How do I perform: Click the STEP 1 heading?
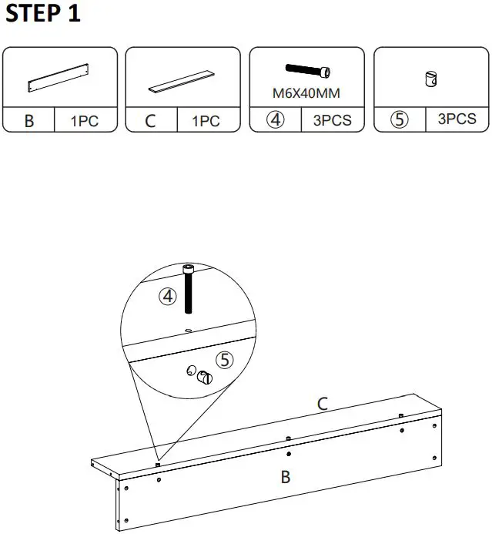tap(43, 14)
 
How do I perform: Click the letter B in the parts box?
tap(29, 120)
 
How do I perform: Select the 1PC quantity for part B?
tap(85, 121)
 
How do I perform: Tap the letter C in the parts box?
tap(151, 120)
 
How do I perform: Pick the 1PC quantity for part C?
tap(206, 121)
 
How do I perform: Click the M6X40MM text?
tap(306, 93)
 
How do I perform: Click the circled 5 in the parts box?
tap(399, 120)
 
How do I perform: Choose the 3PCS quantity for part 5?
tap(457, 119)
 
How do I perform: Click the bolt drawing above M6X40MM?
tap(308, 71)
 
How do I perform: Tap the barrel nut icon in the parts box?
tap(430, 78)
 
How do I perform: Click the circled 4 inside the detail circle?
tap(168, 296)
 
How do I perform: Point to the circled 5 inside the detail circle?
tap(224, 359)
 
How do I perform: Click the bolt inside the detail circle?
tap(188, 290)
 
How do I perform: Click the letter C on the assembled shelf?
tap(323, 403)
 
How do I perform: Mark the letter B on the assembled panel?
tap(285, 477)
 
